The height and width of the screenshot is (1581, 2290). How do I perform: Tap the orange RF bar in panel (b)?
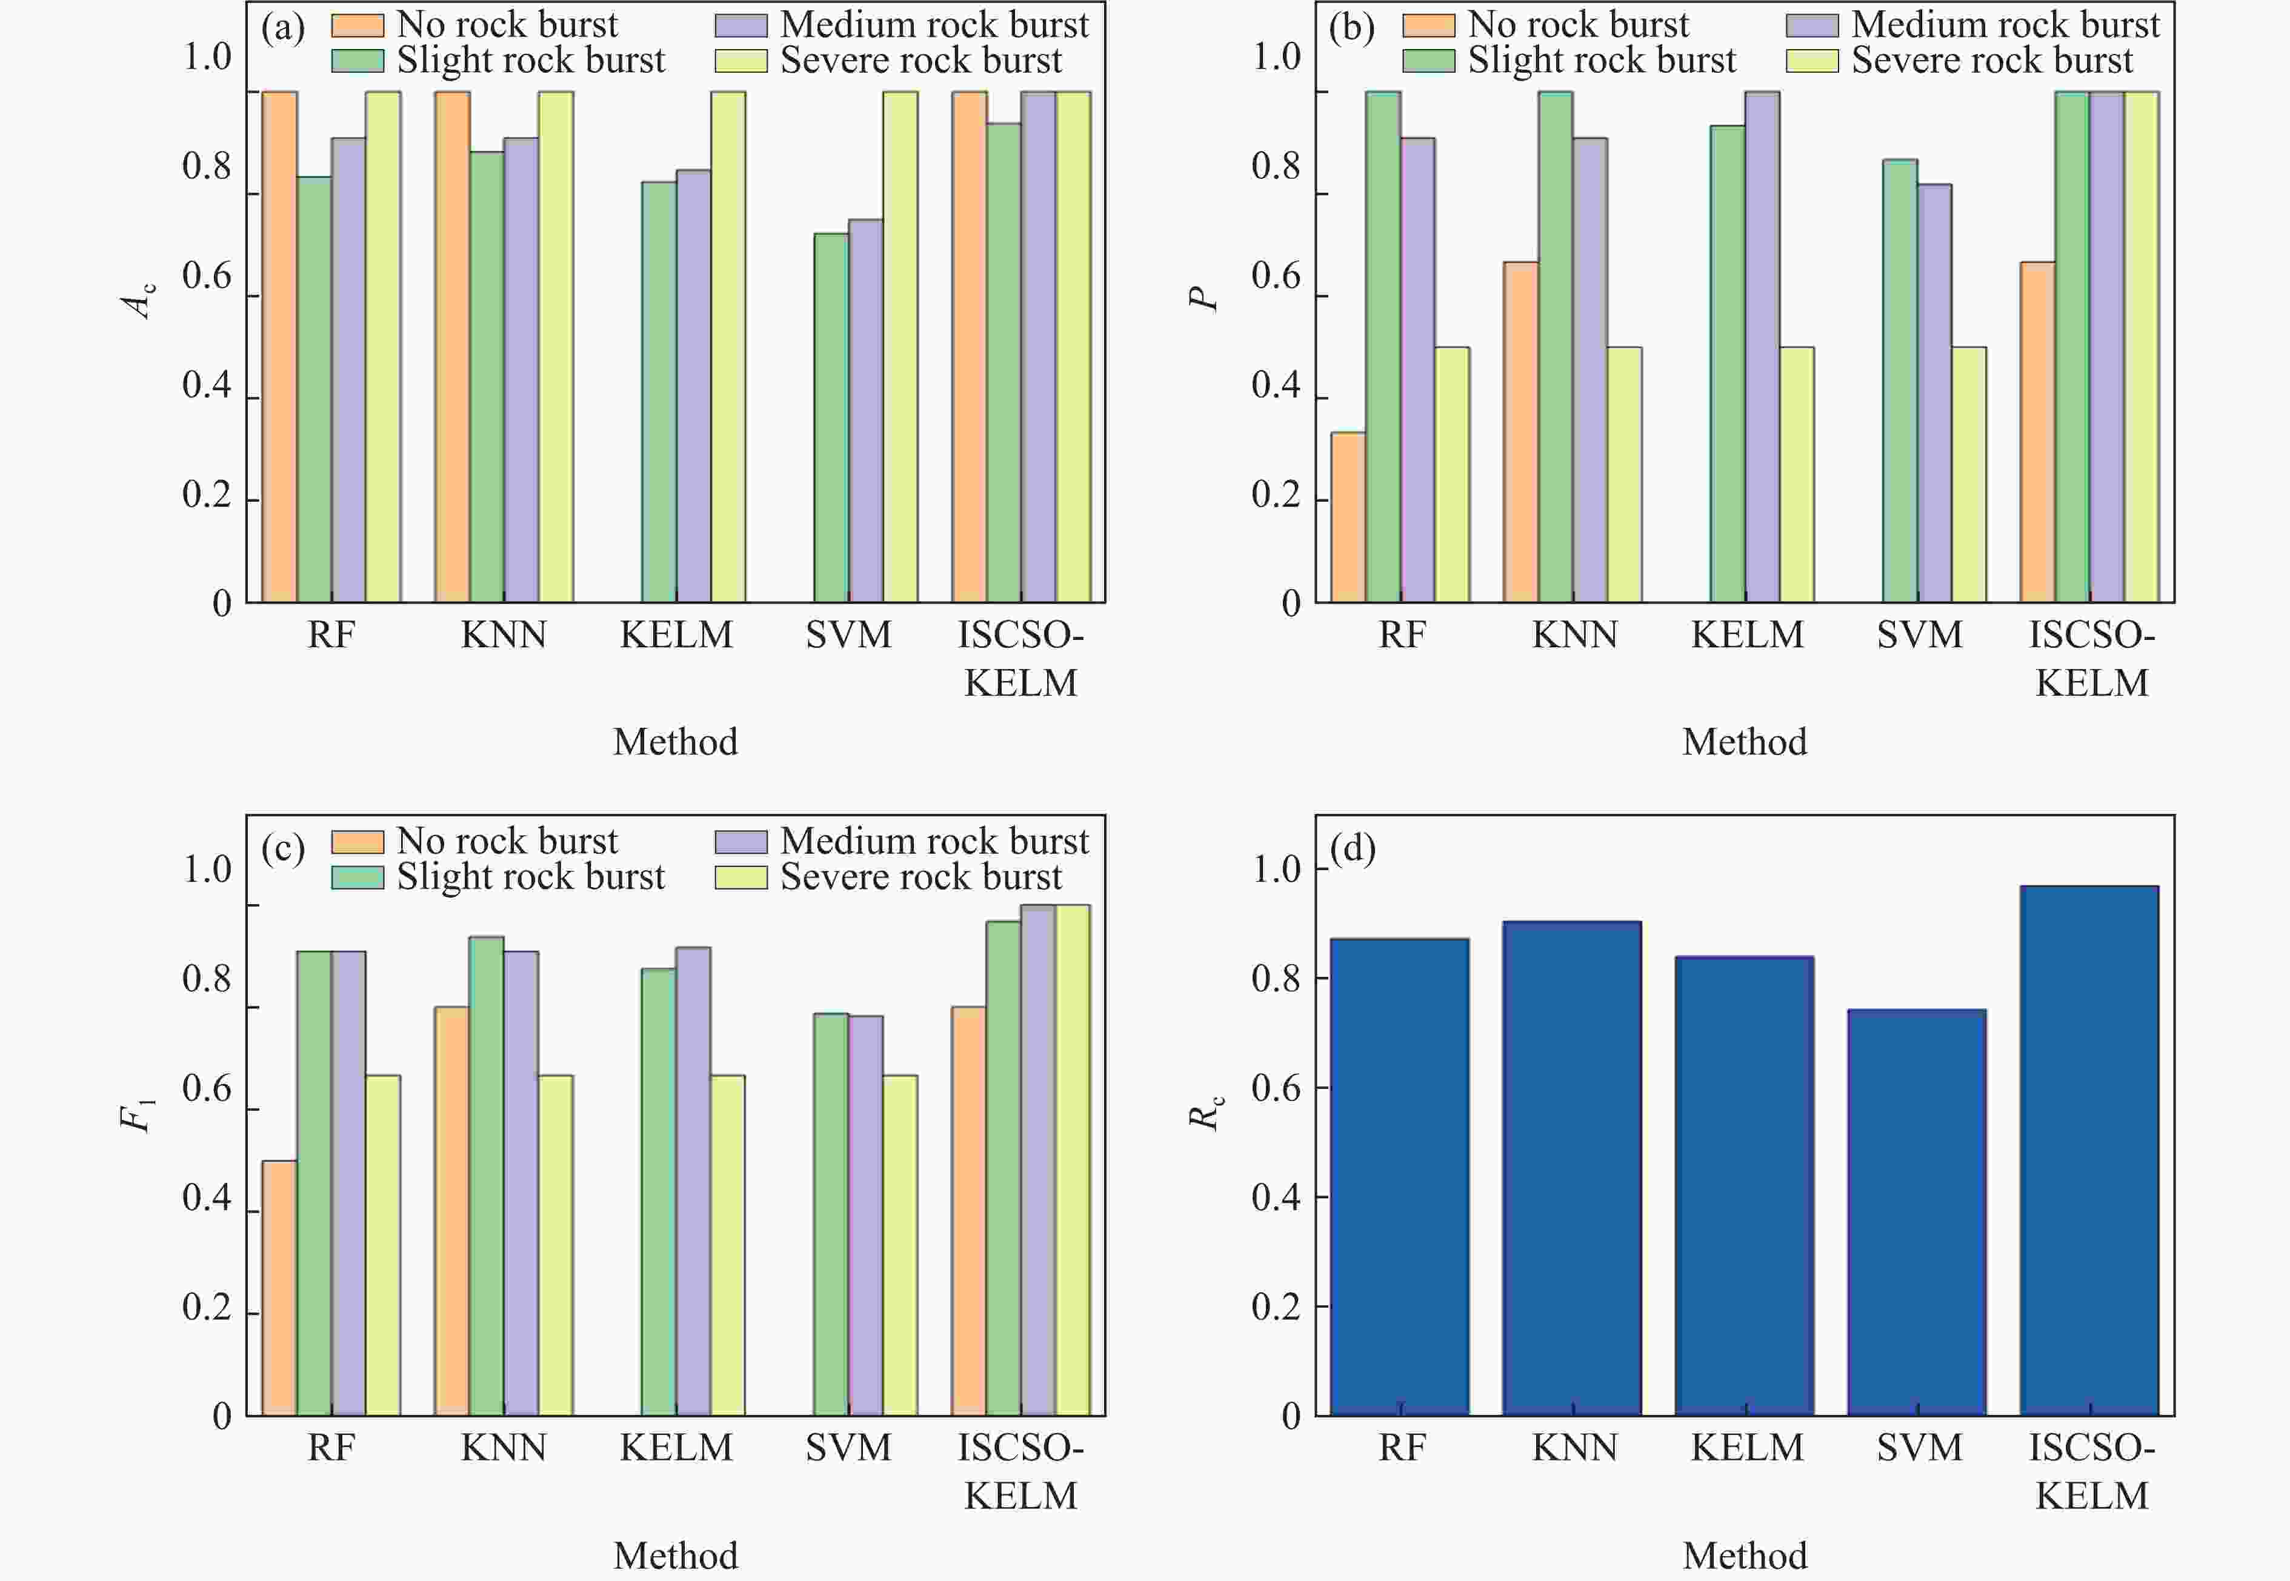[x=1348, y=517]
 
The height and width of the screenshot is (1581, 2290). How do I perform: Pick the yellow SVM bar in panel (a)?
[x=900, y=347]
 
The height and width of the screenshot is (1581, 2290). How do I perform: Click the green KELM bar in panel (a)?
[x=659, y=392]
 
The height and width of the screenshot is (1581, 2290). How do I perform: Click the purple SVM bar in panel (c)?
[x=866, y=1216]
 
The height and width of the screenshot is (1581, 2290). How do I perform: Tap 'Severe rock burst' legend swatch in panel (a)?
[x=741, y=61]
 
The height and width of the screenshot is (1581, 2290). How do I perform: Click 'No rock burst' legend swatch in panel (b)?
[x=1428, y=25]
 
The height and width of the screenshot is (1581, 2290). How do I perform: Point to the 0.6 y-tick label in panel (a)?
[x=206, y=276]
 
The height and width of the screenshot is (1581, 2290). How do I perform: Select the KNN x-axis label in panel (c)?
[x=503, y=1448]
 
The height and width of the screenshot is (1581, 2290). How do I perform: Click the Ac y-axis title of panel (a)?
[x=139, y=299]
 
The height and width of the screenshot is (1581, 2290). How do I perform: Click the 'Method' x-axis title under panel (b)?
[x=1744, y=742]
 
